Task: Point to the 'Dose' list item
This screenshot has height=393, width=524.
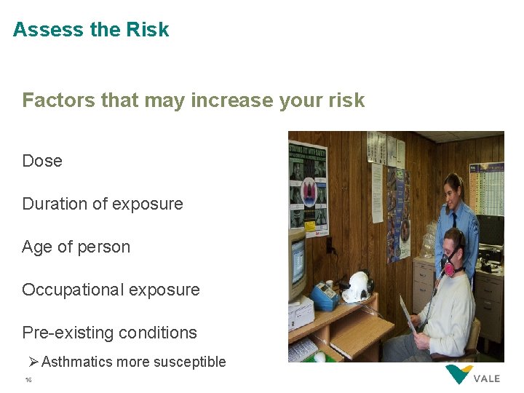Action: [x=42, y=161]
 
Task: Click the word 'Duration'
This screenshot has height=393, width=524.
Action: [x=55, y=204]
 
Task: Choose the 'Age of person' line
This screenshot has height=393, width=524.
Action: [x=76, y=247]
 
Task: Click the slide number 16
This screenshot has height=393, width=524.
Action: [x=28, y=380]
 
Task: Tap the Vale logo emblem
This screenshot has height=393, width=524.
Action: [x=458, y=376]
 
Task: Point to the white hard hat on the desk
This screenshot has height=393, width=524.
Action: [x=357, y=287]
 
